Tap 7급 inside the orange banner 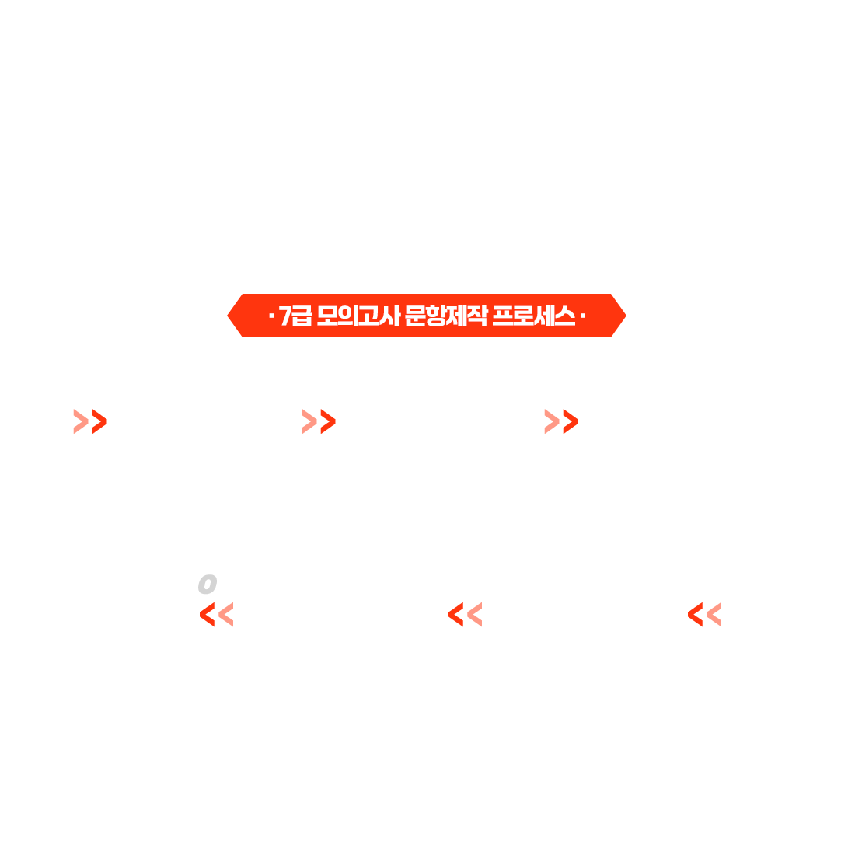click(295, 316)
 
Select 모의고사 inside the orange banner click(358, 316)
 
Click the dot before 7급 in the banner click(270, 316)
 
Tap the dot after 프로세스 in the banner click(582, 316)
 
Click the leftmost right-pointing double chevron click(89, 421)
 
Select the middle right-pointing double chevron click(319, 421)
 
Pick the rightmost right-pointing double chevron click(561, 421)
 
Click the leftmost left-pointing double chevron click(216, 615)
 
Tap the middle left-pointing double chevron click(465, 615)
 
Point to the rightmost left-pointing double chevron click(704, 615)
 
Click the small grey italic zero click(207, 584)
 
